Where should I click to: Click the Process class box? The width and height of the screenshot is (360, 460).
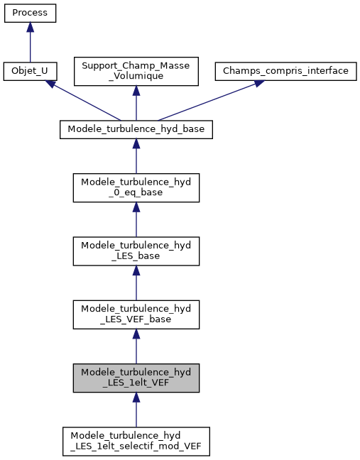click(30, 13)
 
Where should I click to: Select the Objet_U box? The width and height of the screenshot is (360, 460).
click(30, 71)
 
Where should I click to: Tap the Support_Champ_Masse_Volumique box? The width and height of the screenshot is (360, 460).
click(136, 71)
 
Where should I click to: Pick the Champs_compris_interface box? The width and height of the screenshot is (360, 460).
click(286, 71)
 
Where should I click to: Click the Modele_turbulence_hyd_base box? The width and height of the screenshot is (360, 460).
click(136, 129)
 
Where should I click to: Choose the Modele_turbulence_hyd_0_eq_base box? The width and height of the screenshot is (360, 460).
click(136, 187)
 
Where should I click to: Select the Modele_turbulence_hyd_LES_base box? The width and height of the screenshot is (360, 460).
click(136, 250)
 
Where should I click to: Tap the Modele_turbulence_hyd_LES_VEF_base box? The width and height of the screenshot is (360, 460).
click(136, 314)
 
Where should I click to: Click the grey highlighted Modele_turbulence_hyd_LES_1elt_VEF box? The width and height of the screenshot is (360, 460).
click(136, 378)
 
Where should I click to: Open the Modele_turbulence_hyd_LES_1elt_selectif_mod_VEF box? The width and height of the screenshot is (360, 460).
click(136, 442)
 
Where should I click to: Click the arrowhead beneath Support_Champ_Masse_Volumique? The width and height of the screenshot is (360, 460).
click(136, 91)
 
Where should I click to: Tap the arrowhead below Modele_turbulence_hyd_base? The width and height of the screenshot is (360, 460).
click(136, 143)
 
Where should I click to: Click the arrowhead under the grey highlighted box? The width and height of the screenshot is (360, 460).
click(136, 398)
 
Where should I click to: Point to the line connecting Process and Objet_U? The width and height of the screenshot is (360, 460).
click(30, 46)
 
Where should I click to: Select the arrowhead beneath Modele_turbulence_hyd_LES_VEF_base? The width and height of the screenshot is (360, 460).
click(136, 334)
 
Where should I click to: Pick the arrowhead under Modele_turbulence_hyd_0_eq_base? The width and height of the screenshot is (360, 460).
click(136, 207)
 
